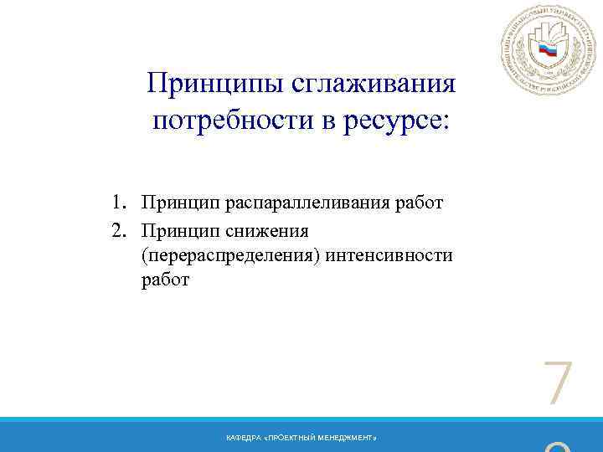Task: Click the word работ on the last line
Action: [x=166, y=280]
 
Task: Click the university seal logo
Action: [x=547, y=51]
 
